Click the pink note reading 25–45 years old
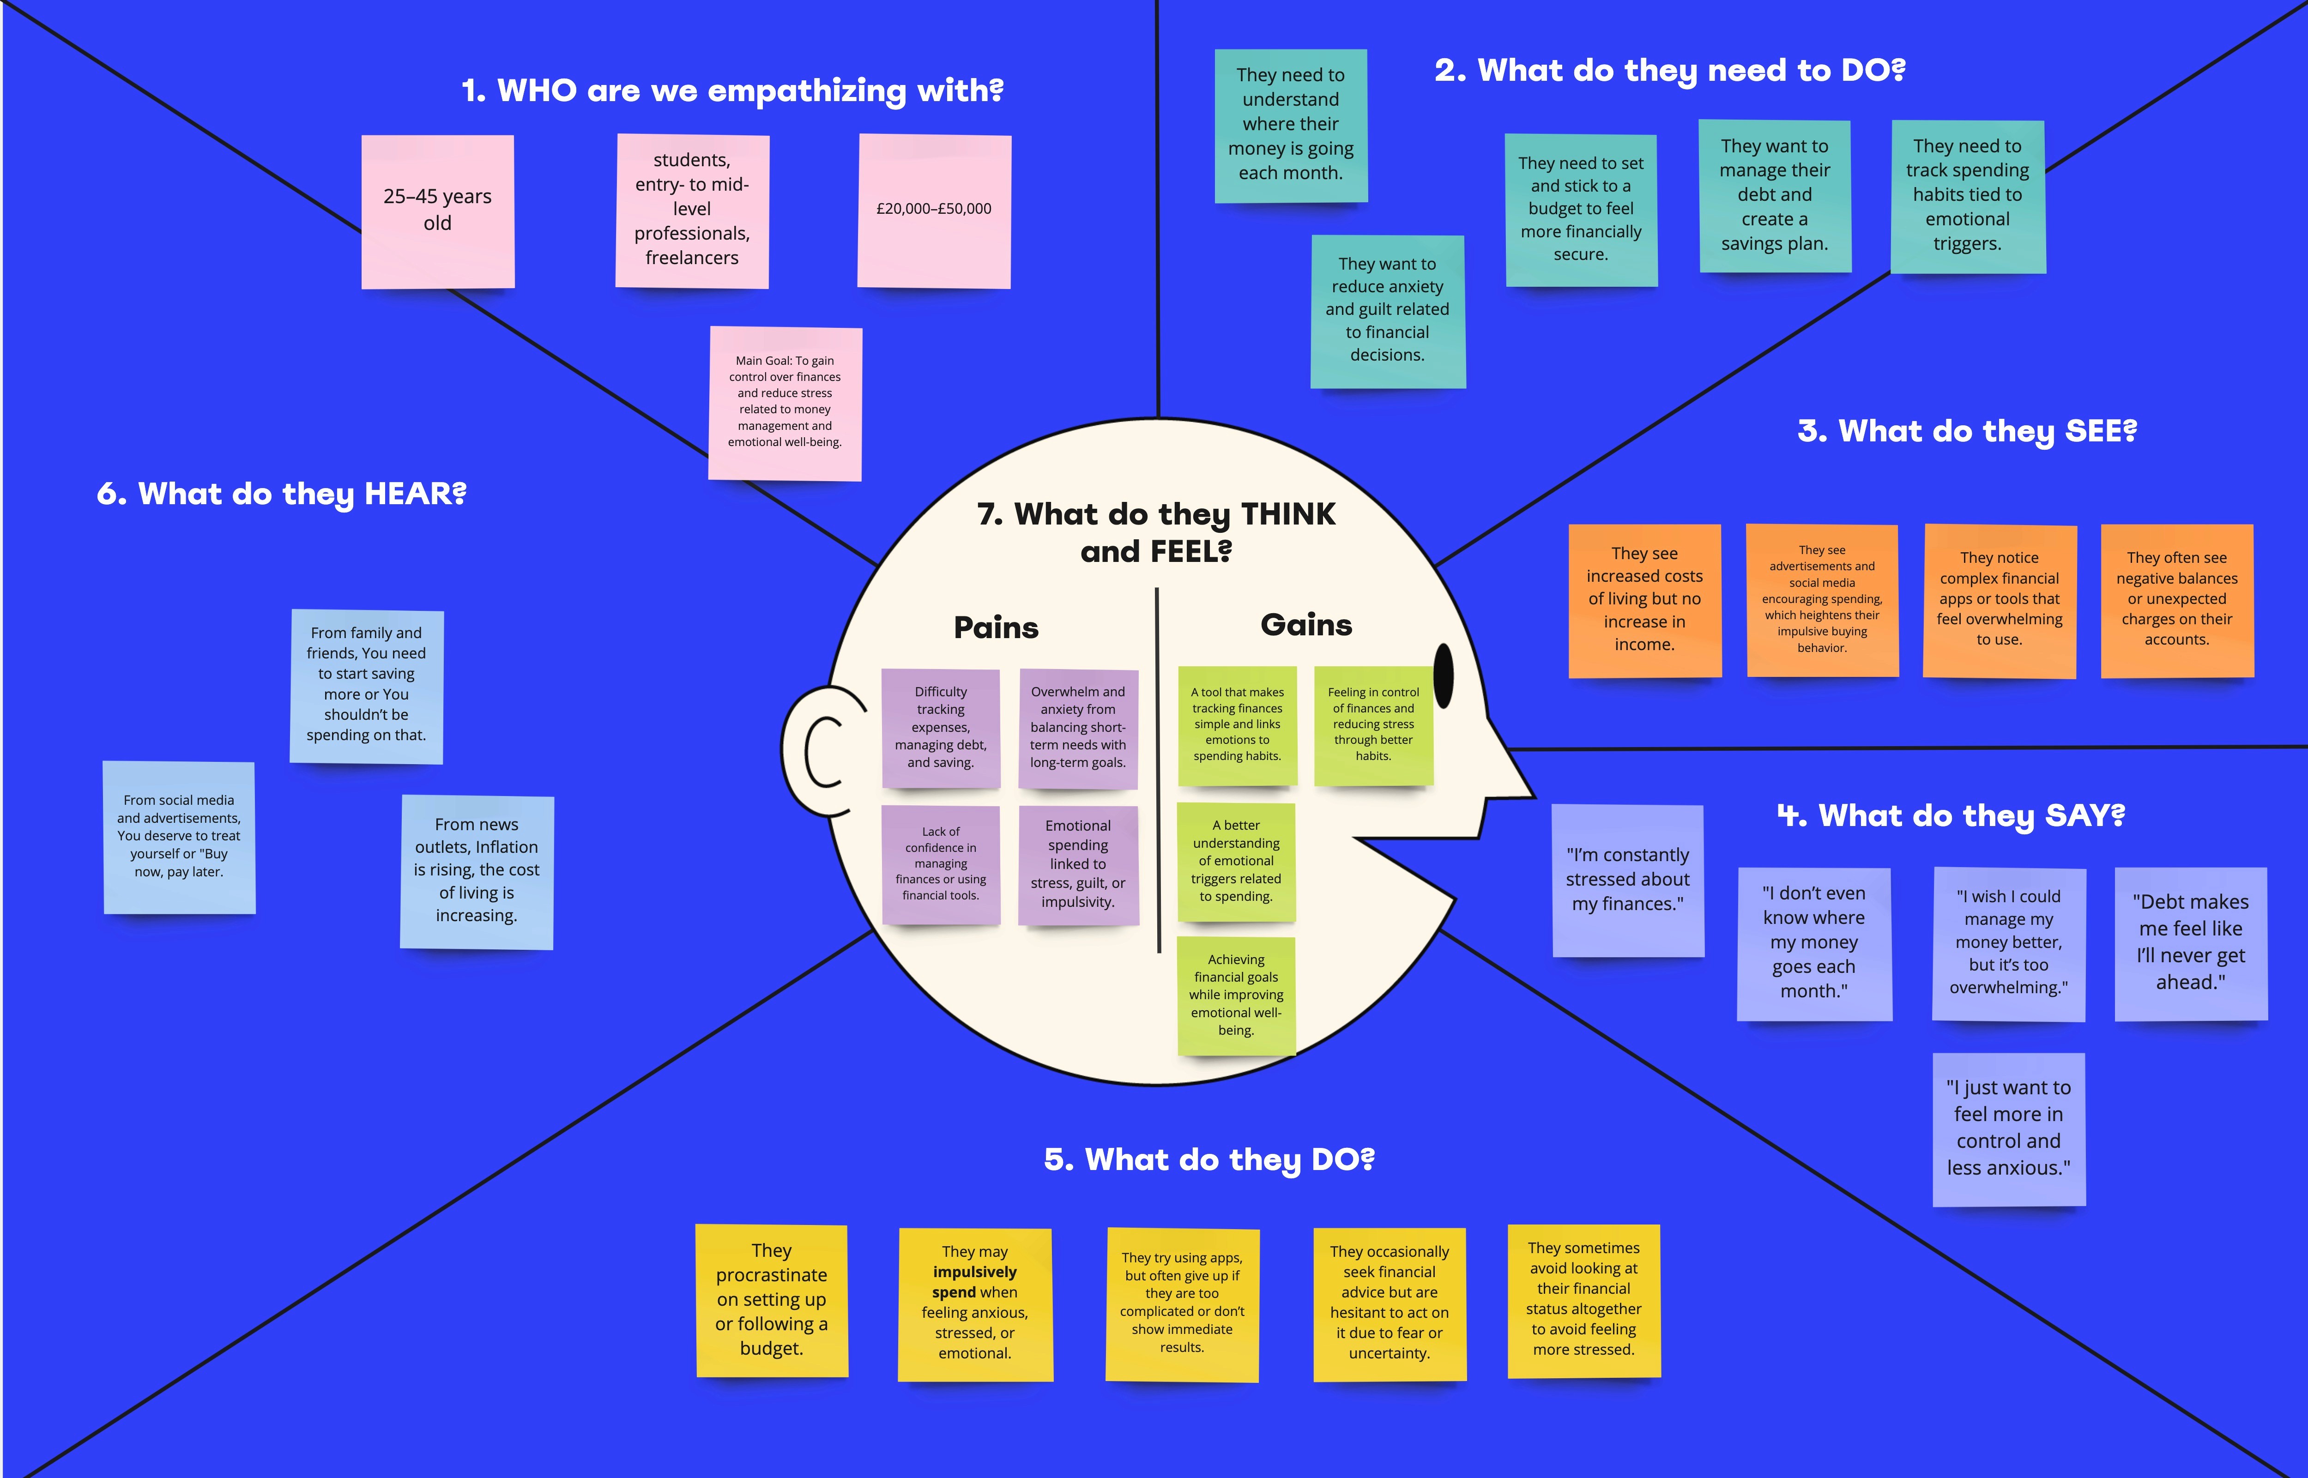(x=438, y=211)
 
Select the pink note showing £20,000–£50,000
(x=934, y=211)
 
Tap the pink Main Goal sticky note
(x=785, y=403)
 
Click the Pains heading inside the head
(x=996, y=627)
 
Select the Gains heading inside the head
(x=1306, y=625)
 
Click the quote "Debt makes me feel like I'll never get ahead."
(x=2191, y=942)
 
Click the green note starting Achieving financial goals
(x=1236, y=995)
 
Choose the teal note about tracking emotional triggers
(x=1967, y=196)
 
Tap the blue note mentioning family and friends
(x=367, y=685)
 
